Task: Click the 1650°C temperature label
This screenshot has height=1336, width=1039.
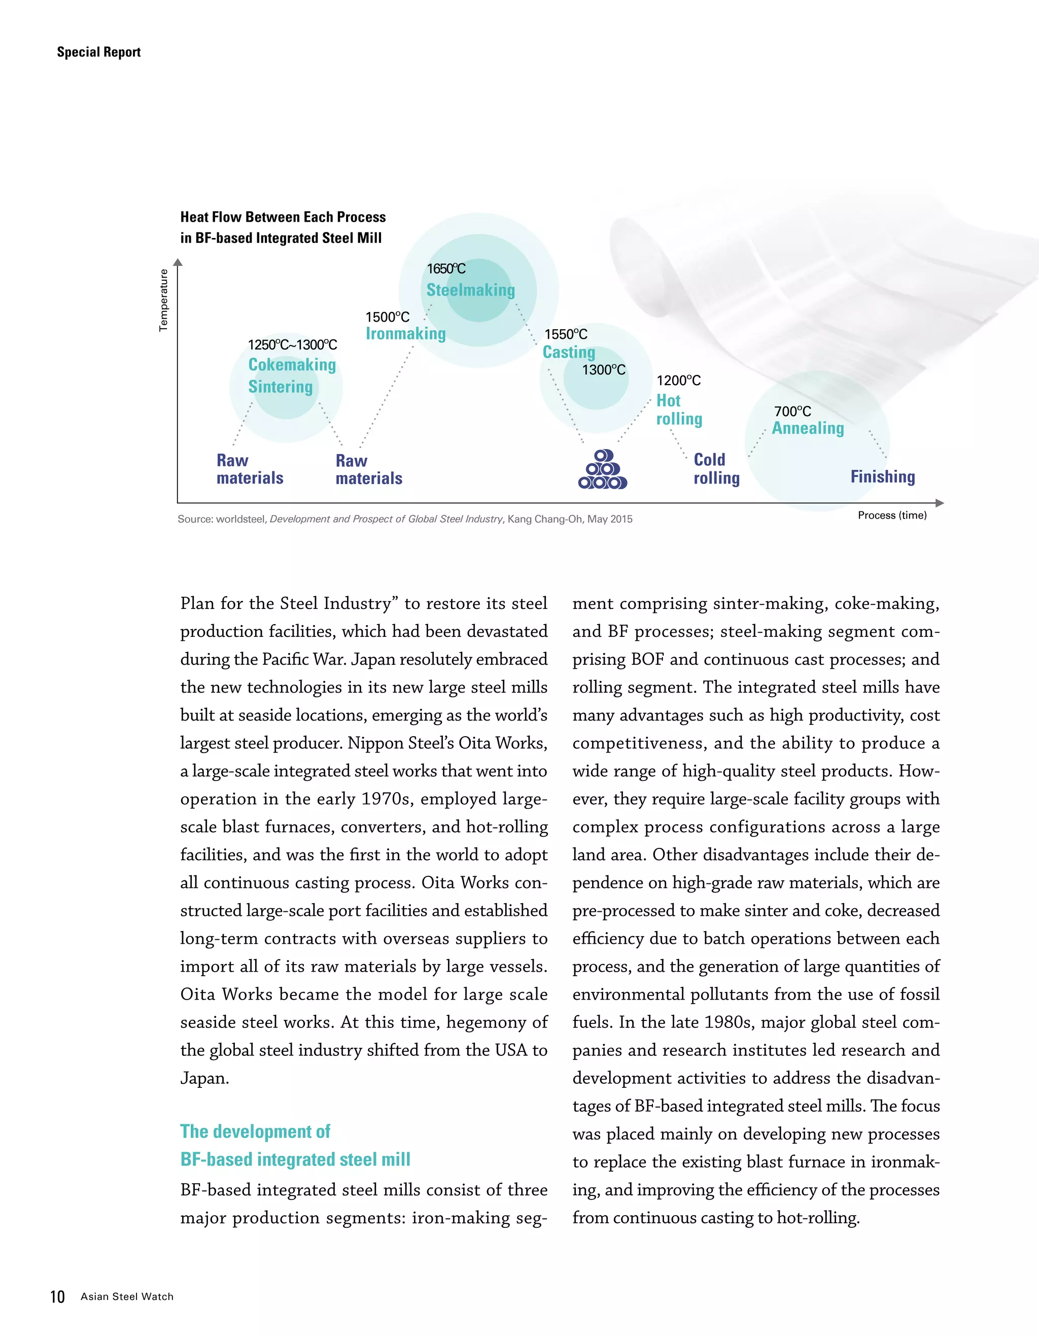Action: [x=446, y=268]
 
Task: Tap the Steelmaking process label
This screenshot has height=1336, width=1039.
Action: [x=470, y=290]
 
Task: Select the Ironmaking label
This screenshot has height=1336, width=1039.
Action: [x=405, y=333]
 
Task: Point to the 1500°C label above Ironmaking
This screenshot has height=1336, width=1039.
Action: [x=387, y=317]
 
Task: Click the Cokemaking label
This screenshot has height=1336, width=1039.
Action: [x=292, y=365]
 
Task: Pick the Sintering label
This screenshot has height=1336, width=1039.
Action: [x=280, y=387]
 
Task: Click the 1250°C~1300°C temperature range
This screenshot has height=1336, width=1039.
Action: [x=292, y=345]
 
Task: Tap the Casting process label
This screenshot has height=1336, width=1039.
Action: [x=569, y=352]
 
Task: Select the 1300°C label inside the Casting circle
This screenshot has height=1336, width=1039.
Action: [x=603, y=369]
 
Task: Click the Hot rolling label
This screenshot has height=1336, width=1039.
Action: [x=679, y=409]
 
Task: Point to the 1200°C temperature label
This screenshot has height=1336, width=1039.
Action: [x=678, y=381]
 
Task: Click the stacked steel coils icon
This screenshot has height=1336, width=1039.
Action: [x=602, y=470]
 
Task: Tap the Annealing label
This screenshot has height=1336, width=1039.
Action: [x=807, y=428]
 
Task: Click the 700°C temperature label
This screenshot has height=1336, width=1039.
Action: [x=792, y=411]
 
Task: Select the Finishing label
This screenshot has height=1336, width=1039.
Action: [x=882, y=476]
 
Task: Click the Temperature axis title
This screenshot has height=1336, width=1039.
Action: [x=163, y=300]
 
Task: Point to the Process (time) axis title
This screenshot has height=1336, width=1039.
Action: [x=891, y=515]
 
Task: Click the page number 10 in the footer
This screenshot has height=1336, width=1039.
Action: [x=57, y=1296]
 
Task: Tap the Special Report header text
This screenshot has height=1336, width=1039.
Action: [x=98, y=52]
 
